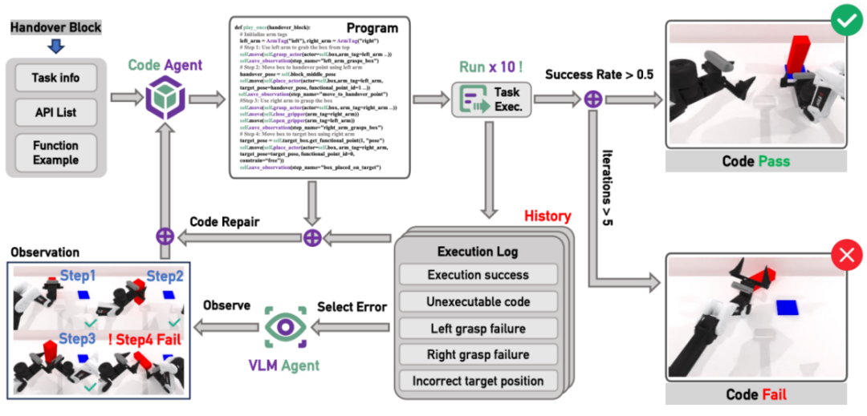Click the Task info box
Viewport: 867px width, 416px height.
click(x=55, y=79)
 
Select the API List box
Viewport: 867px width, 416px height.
click(x=55, y=112)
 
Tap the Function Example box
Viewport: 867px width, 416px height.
click(x=55, y=152)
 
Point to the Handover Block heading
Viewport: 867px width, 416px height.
click(x=56, y=27)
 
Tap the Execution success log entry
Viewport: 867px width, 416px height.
click(x=478, y=275)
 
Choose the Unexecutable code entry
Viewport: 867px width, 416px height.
click(x=478, y=301)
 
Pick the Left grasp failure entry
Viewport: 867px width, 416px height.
click(x=478, y=328)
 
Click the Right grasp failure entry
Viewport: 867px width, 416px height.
click(x=478, y=354)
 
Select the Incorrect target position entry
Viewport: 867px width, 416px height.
click(x=478, y=382)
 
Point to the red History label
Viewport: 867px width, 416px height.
click(x=547, y=216)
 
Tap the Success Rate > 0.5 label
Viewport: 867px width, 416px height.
click(x=599, y=75)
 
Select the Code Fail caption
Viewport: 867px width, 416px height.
click(x=755, y=394)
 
